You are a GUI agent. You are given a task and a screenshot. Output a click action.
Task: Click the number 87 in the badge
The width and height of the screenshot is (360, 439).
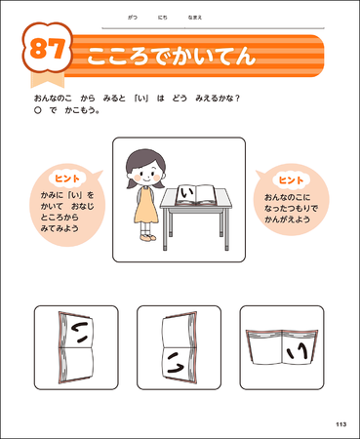click(x=48, y=49)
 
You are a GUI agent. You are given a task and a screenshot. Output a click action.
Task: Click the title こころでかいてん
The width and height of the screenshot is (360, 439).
click(x=172, y=56)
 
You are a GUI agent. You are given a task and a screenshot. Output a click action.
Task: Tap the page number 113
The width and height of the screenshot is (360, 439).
click(x=341, y=424)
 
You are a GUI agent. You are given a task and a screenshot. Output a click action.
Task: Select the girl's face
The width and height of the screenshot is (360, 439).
click(x=146, y=173)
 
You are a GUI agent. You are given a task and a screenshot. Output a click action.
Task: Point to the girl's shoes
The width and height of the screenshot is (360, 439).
click(x=148, y=238)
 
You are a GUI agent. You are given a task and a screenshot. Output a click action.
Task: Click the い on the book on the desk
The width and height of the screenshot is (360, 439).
click(x=185, y=193)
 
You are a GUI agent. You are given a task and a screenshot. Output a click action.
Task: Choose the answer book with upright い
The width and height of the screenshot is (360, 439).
click(x=282, y=347)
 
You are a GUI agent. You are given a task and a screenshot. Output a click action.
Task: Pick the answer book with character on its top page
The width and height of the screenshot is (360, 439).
click(x=76, y=347)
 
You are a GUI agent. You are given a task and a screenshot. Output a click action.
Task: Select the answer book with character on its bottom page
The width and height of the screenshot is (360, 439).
click(x=180, y=347)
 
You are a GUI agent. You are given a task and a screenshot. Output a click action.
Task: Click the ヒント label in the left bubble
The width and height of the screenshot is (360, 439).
click(x=67, y=179)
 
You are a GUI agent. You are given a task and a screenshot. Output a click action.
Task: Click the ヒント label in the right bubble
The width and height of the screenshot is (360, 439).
click(x=291, y=180)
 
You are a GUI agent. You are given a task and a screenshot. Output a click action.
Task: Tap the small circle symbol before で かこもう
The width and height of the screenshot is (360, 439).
click(x=38, y=110)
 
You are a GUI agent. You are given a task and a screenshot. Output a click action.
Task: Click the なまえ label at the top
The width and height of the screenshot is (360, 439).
click(x=195, y=18)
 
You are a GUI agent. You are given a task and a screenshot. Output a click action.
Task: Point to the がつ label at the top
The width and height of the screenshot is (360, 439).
click(x=133, y=18)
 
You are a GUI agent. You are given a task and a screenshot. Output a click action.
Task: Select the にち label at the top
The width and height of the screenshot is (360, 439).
click(x=163, y=18)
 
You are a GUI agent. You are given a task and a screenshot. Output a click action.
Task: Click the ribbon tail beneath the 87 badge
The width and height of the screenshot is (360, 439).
click(x=47, y=79)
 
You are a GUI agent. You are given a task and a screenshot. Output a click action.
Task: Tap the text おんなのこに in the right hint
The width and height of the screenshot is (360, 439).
click(x=288, y=197)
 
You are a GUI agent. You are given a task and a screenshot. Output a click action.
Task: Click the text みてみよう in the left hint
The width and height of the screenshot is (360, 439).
click(x=60, y=228)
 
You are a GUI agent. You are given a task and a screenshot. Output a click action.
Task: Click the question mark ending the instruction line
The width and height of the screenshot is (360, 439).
click(x=237, y=99)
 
